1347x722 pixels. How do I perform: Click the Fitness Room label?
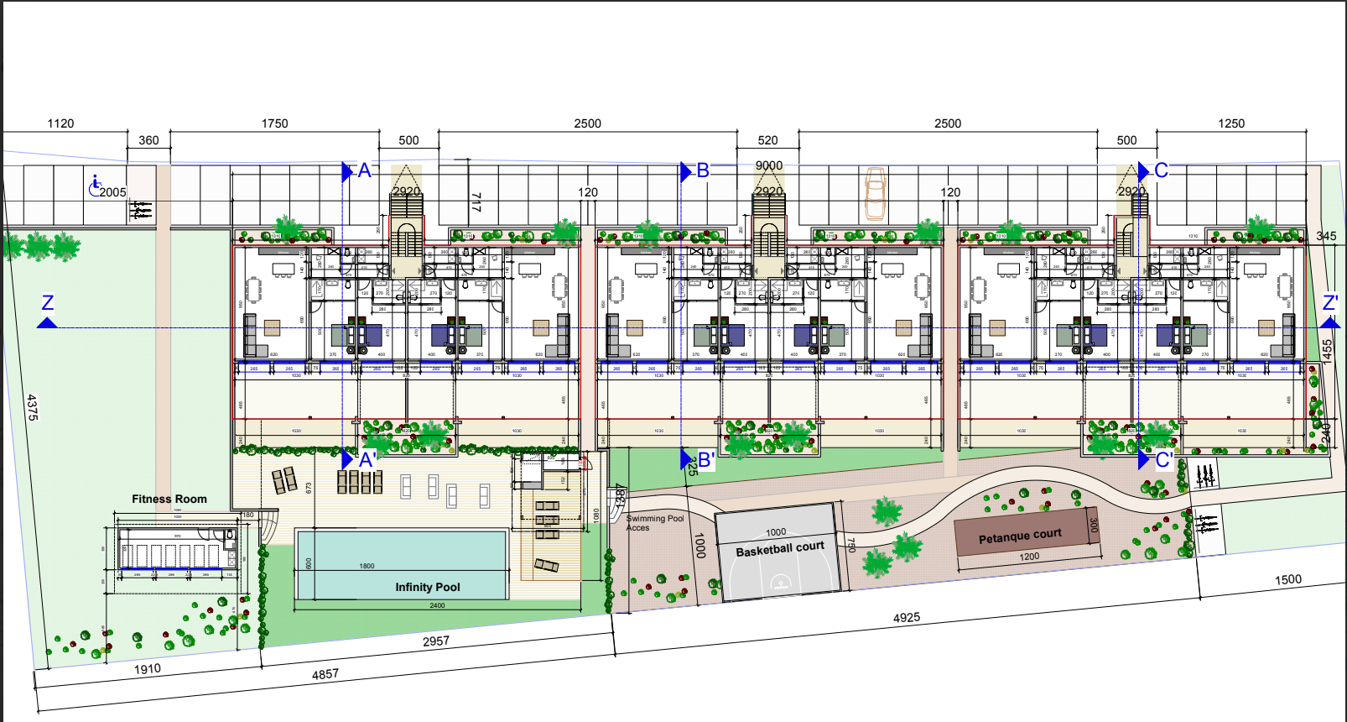point(169,499)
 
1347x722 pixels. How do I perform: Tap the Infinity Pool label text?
point(428,587)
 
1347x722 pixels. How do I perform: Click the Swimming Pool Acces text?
point(654,523)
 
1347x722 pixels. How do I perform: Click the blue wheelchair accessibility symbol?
point(96,184)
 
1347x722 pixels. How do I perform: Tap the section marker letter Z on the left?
point(48,302)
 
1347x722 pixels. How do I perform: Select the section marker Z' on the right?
point(1330,302)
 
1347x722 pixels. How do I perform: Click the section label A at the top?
point(364,170)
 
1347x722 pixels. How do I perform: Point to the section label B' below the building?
point(706,460)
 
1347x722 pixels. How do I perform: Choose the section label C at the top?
point(1161,170)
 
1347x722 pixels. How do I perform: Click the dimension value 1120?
point(60,123)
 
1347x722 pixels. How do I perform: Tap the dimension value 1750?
point(274,123)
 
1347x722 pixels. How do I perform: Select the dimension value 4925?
point(907,618)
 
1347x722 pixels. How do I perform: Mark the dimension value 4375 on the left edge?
point(32,407)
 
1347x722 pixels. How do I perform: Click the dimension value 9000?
point(769,165)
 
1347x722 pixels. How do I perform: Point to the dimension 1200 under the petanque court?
point(1029,557)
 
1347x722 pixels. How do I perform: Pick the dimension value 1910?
point(148,669)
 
